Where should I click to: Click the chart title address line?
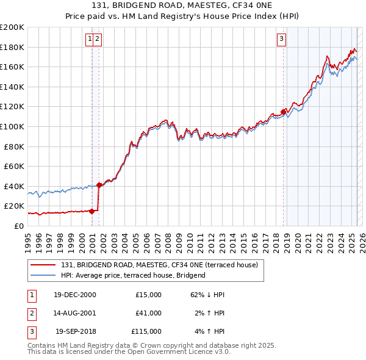(x=182, y=7)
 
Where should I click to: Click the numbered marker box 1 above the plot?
(x=90, y=39)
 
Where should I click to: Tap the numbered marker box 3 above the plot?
(x=281, y=39)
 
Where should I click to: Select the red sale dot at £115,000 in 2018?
(x=284, y=112)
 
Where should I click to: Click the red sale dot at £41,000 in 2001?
(x=99, y=185)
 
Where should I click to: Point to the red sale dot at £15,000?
(x=92, y=211)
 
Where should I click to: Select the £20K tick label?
(x=15, y=206)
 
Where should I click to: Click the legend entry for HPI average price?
(x=133, y=275)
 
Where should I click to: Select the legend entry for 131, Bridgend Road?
(x=160, y=265)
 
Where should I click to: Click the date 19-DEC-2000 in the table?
(x=74, y=295)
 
